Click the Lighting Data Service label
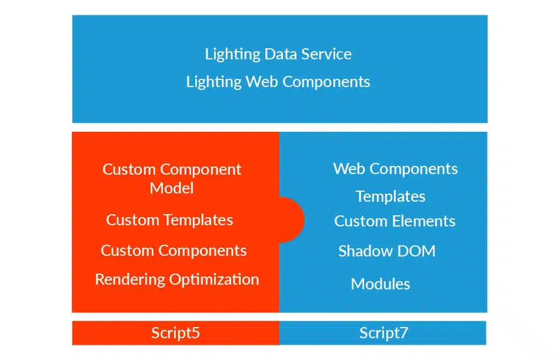[278, 54]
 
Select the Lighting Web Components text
[278, 82]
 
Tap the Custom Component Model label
[172, 178]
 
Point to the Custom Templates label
[169, 220]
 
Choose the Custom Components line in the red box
[174, 251]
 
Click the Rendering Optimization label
[177, 279]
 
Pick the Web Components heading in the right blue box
[395, 169]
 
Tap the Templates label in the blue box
[391, 196]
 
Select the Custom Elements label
[395, 221]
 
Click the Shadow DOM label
[387, 251]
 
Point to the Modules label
[381, 284]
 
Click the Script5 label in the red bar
[175, 333]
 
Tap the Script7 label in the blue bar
[383, 333]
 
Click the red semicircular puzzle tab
[292, 219]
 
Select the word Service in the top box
[326, 54]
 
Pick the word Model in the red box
[172, 188]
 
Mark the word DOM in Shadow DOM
[416, 251]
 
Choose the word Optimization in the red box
[214, 279]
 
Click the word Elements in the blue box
[424, 221]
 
